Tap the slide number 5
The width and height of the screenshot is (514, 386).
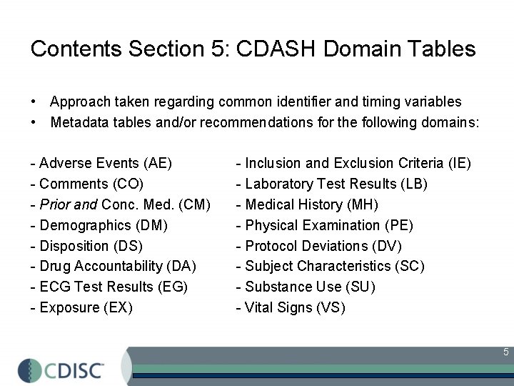coord(505,352)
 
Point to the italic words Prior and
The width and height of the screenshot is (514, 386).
coord(69,204)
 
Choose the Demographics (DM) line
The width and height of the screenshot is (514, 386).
coord(104,225)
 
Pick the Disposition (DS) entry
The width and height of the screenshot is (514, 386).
coord(91,246)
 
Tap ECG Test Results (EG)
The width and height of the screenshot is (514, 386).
coord(114,287)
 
